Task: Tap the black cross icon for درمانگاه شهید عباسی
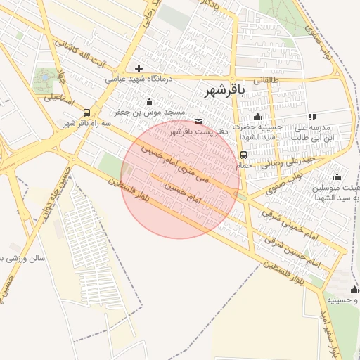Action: point(139,68)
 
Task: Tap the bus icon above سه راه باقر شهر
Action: point(86,112)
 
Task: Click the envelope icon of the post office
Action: point(198,122)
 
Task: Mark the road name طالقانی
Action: point(265,81)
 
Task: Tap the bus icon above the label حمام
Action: point(243,155)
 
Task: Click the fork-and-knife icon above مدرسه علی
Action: point(312,117)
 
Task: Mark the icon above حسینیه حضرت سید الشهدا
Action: point(257,116)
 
